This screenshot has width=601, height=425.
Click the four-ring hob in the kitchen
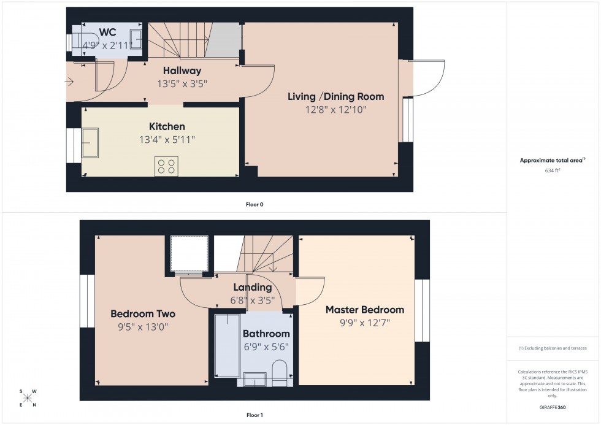(x=167, y=166)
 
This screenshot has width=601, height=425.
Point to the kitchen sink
(x=91, y=142)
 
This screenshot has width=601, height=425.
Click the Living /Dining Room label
(x=336, y=96)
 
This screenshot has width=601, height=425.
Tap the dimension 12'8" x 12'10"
(x=336, y=110)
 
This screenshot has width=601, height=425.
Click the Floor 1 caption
(x=254, y=415)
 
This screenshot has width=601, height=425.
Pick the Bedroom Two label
(x=142, y=314)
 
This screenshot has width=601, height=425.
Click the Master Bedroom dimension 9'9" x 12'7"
(x=365, y=323)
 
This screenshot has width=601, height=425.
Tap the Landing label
(x=252, y=287)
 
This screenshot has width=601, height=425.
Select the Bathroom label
(x=266, y=334)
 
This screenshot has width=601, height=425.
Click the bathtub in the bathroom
(x=226, y=345)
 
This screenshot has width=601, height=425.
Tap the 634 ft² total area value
(x=553, y=170)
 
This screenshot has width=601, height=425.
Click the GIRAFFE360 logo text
(x=553, y=407)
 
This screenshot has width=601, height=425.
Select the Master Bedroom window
(x=422, y=310)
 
